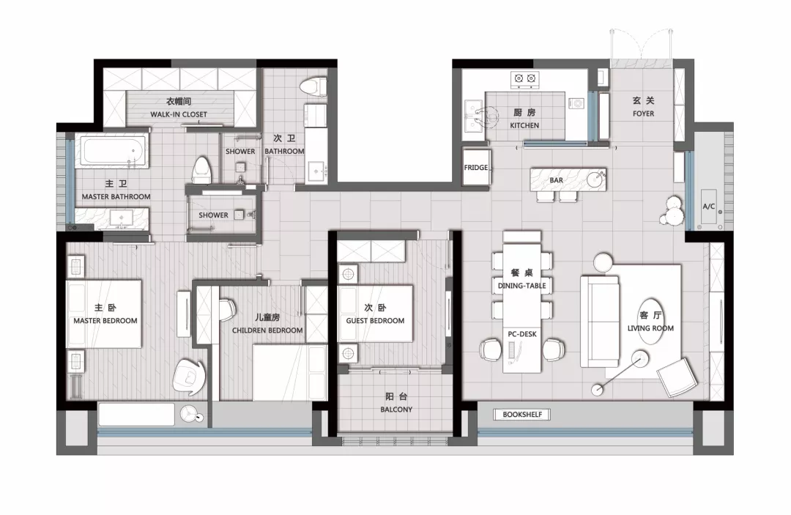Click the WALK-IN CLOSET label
tap(179, 114)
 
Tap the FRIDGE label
tap(476, 168)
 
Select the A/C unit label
tap(709, 207)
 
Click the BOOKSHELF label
tap(522, 415)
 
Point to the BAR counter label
tap(557, 180)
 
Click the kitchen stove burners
tap(524, 78)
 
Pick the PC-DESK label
tap(522, 334)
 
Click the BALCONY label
tap(396, 410)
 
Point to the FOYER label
tap(643, 114)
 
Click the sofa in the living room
tap(599, 321)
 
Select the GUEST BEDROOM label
tap(375, 321)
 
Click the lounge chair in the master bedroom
tap(189, 377)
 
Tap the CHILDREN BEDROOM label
tap(267, 330)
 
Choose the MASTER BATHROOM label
tap(116, 197)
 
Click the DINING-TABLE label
tap(521, 286)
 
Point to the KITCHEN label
tap(524, 125)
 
